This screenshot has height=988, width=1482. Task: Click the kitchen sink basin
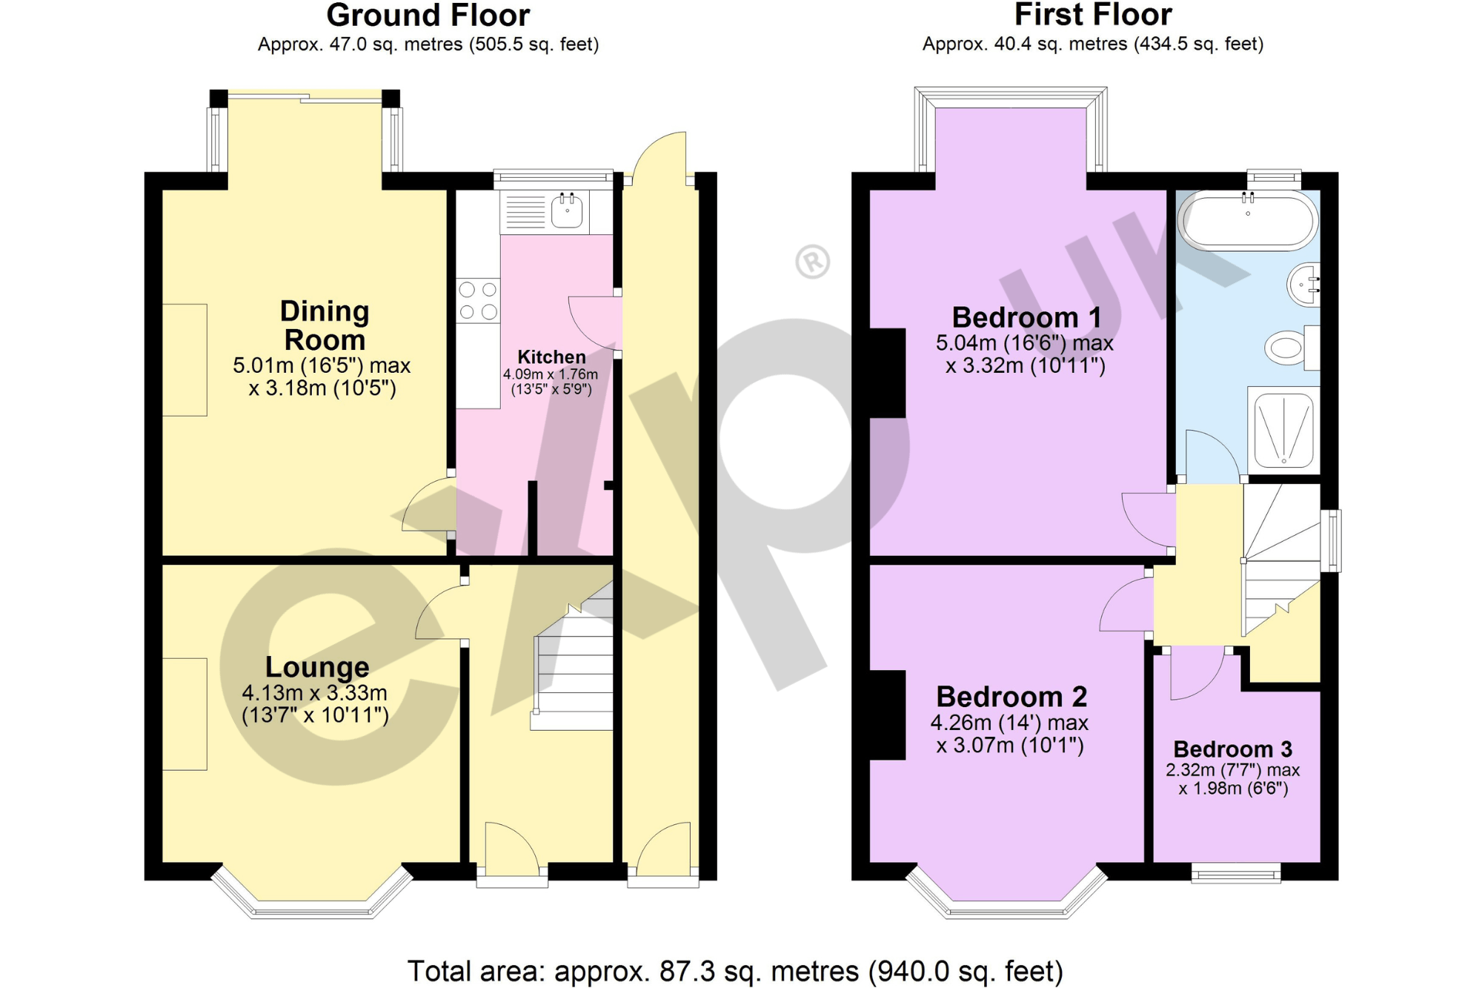(567, 213)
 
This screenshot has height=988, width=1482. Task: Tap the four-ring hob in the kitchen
(478, 300)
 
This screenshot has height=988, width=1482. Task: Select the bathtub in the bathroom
(1248, 220)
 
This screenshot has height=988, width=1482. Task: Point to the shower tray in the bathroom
(1284, 431)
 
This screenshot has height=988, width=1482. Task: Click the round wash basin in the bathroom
(1305, 285)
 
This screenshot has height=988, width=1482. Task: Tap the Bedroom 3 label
(1232, 749)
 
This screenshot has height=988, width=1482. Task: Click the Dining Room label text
(325, 325)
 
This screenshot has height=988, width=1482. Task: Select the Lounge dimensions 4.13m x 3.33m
(315, 693)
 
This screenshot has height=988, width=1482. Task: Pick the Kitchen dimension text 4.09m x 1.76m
(551, 374)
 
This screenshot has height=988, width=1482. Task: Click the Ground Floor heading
(428, 15)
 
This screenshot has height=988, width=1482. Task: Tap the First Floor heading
(1092, 15)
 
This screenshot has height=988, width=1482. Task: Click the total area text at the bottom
(735, 970)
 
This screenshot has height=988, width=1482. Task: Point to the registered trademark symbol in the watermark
(813, 262)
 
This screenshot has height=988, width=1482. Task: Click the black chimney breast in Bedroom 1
(888, 373)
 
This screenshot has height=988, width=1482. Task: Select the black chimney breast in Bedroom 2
(888, 715)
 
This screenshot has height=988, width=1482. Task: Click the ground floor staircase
(575, 667)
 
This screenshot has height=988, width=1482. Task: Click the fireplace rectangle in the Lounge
(185, 714)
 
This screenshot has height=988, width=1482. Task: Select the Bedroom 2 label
(1011, 697)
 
